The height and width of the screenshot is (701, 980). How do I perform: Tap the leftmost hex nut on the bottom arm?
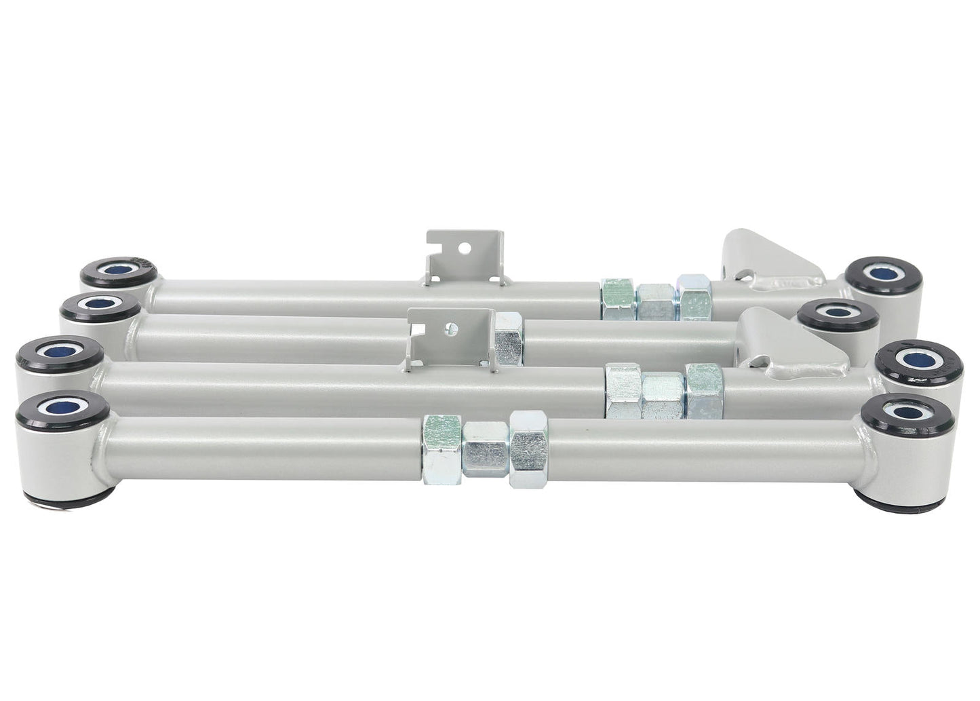(442, 450)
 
